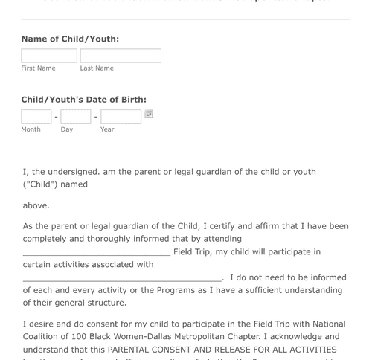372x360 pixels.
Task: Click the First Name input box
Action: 49,56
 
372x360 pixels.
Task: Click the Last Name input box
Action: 121,56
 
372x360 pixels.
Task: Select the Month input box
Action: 36,117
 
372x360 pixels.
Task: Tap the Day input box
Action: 76,117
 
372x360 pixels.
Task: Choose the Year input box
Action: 121,117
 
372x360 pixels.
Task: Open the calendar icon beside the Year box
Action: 149,114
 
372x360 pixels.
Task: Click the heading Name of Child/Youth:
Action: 70,39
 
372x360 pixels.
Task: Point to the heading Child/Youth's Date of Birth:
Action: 83,100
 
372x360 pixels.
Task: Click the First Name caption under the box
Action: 39,68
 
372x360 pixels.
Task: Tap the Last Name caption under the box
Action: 97,68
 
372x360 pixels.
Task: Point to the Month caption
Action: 31,129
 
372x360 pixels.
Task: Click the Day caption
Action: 67,129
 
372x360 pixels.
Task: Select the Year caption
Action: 107,129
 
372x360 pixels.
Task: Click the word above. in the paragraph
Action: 36,205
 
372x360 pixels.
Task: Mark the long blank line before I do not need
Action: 123,278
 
